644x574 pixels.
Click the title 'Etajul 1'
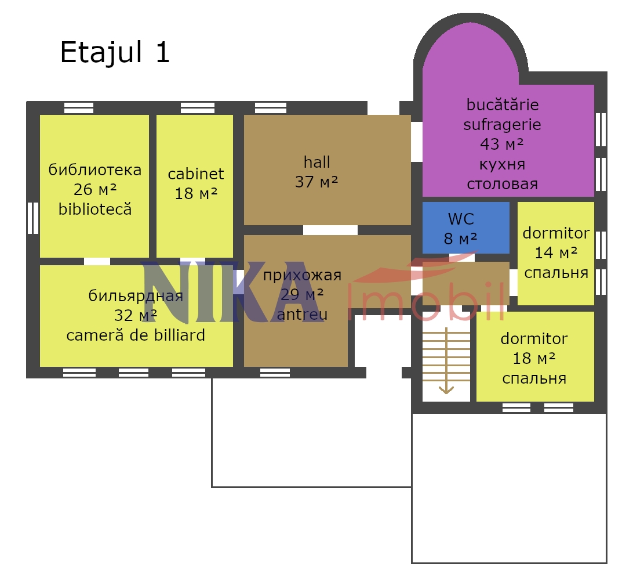tap(115, 52)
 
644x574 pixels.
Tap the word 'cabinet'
tap(195, 174)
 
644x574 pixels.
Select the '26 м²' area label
tap(95, 190)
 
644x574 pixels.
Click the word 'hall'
tap(316, 162)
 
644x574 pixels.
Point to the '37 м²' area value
tap(316, 182)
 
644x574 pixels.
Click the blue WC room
tap(465, 228)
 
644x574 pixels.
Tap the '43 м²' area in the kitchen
tap(502, 145)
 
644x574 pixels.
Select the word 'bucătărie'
tap(503, 104)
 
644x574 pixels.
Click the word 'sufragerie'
tap(502, 125)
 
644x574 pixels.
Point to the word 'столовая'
tap(502, 184)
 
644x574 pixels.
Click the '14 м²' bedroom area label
tap(556, 253)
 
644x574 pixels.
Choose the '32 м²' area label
tap(136, 316)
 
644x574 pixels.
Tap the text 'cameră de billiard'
tap(136, 335)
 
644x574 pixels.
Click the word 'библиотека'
tap(95, 170)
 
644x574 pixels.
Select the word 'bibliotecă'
tap(95, 209)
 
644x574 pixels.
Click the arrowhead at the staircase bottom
tap(446, 390)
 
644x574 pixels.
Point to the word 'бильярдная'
tap(136, 296)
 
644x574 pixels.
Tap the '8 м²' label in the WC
tap(460, 239)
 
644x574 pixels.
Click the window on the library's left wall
tap(33, 218)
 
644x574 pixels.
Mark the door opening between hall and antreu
tap(330, 230)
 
